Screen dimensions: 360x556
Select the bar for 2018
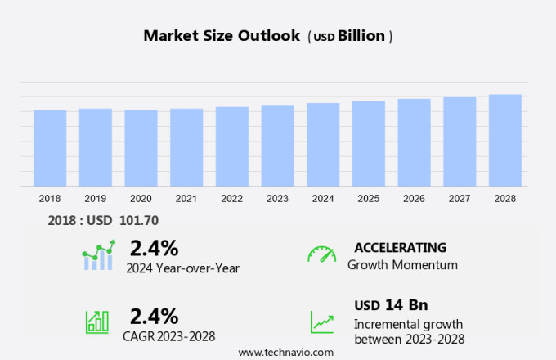click(50, 148)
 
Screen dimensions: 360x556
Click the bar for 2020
click(141, 148)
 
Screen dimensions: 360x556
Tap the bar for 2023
click(277, 146)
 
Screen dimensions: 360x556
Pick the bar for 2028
click(505, 140)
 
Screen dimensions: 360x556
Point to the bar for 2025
click(369, 143)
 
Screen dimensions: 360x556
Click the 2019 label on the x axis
click(95, 198)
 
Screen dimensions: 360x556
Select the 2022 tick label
click(231, 198)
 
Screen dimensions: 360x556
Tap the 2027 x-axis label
click(460, 198)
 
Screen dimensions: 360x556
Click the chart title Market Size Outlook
click(222, 36)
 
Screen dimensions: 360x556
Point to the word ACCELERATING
click(400, 248)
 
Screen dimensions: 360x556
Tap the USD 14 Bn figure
click(391, 305)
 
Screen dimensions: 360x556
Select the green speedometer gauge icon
click(321, 254)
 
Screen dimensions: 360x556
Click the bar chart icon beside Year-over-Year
click(98, 255)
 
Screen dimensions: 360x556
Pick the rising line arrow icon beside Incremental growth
click(321, 322)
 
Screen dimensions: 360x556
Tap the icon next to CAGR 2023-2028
click(97, 322)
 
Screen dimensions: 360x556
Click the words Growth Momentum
click(402, 265)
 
